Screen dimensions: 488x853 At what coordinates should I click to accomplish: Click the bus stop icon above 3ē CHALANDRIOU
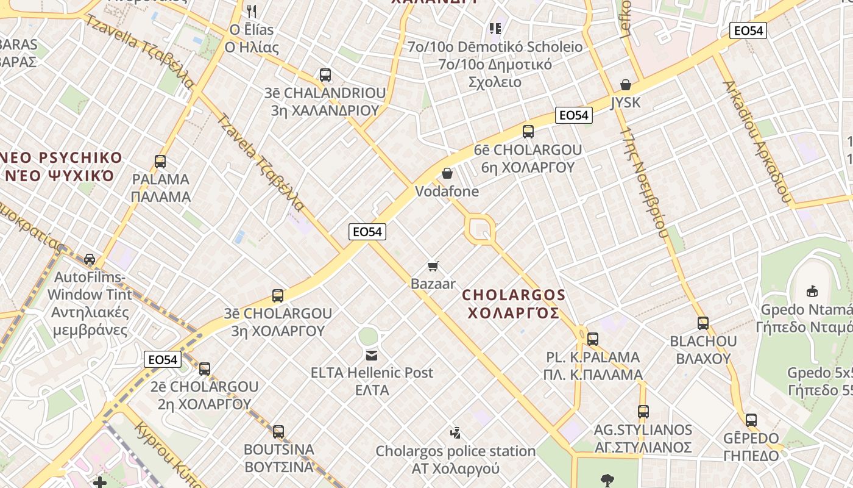click(325, 75)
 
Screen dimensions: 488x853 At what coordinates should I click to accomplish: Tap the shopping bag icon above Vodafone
click(447, 173)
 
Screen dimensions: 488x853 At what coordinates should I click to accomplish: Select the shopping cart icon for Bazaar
click(433, 266)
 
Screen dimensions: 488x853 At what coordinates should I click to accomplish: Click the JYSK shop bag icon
click(625, 84)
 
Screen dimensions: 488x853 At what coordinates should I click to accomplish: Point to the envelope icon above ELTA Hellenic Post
click(371, 354)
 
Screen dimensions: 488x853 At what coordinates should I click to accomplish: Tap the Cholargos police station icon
click(455, 433)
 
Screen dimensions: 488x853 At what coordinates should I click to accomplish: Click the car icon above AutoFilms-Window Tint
click(90, 259)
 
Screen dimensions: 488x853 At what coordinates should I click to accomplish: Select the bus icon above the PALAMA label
click(160, 162)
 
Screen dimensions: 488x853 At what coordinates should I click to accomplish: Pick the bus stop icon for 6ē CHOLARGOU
click(528, 131)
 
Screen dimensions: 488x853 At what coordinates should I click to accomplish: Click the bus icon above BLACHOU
click(703, 323)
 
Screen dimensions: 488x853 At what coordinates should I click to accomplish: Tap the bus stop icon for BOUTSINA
click(278, 431)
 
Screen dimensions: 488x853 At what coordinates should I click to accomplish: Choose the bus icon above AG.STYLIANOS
click(643, 412)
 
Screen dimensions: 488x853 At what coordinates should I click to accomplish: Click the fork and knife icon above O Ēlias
click(252, 11)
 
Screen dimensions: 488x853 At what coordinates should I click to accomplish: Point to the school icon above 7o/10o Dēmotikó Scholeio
click(495, 28)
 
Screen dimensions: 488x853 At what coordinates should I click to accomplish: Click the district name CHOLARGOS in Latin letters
click(514, 295)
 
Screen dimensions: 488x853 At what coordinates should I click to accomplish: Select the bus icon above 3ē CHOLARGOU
click(278, 296)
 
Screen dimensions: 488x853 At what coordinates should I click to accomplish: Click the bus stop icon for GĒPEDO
click(751, 420)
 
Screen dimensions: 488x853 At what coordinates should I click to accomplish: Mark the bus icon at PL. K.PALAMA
click(593, 339)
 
